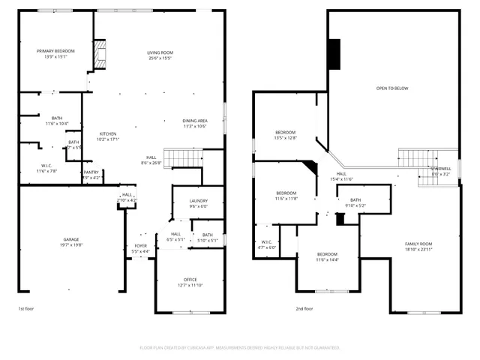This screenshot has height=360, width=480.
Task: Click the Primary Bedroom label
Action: [56, 52]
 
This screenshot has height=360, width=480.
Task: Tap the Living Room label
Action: [160, 52]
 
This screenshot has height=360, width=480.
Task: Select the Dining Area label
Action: [194, 121]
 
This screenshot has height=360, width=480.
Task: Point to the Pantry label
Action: [91, 172]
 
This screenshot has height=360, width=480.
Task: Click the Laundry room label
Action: [198, 200]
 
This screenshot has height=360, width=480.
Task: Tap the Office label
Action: [190, 280]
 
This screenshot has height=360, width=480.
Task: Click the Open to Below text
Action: [392, 88]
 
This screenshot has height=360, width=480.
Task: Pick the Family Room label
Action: [418, 244]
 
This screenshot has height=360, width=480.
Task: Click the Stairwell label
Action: [441, 169]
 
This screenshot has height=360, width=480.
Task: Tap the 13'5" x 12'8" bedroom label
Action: [285, 133]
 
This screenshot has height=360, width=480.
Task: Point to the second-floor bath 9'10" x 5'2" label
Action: [355, 200]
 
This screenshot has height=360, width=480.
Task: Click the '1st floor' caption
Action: [26, 308]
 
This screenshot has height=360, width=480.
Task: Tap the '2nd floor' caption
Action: [304, 308]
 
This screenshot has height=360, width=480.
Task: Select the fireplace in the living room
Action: [102, 53]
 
